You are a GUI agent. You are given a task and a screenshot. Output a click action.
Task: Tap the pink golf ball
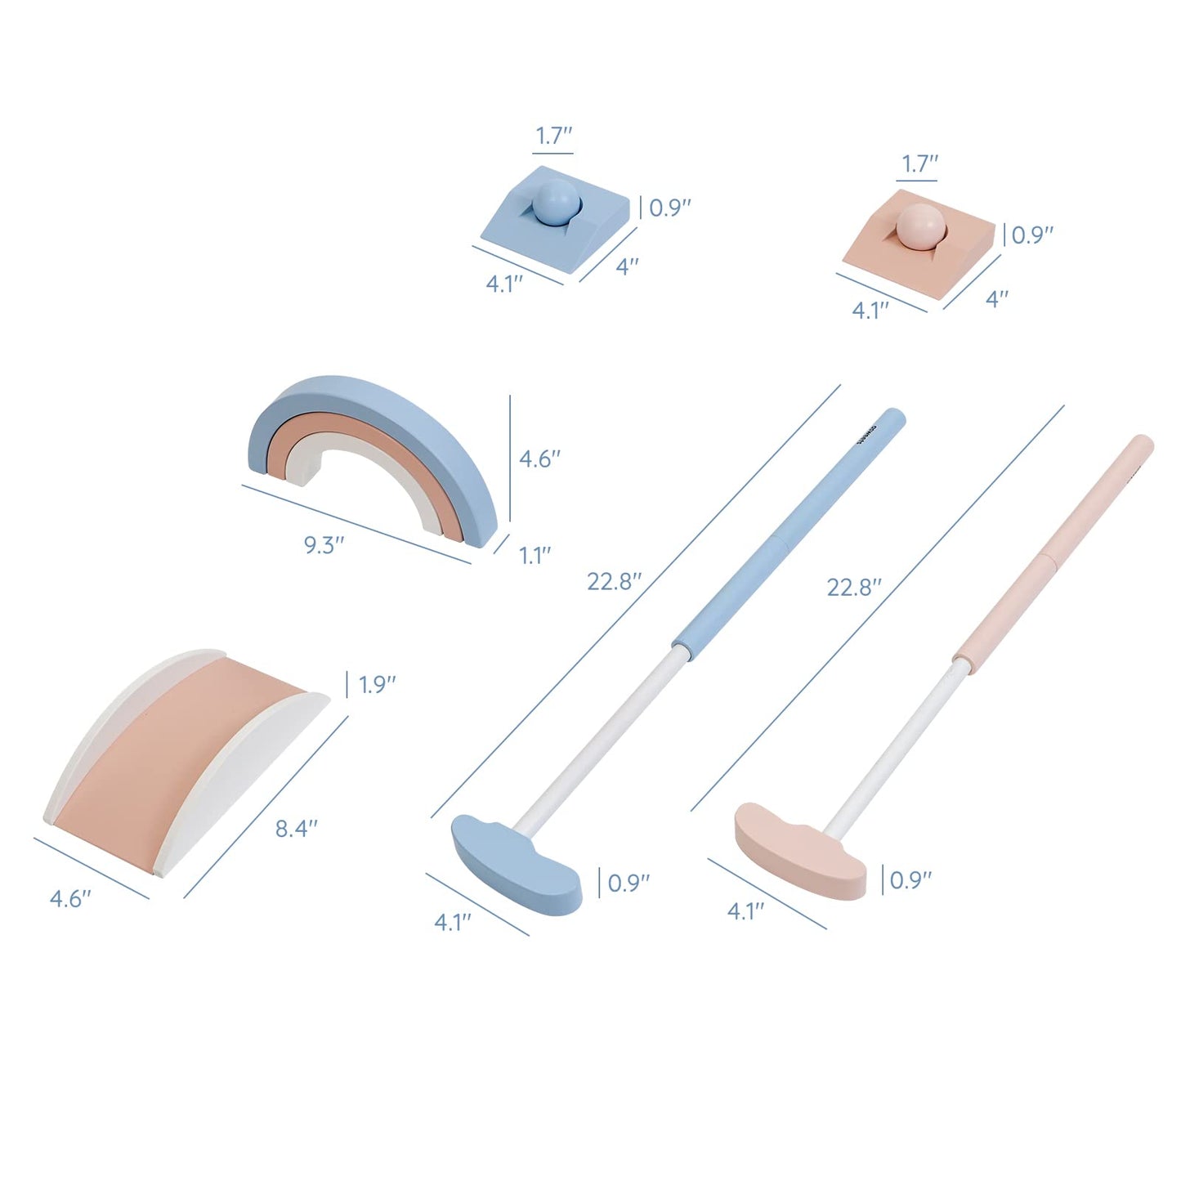pyautogui.click(x=919, y=227)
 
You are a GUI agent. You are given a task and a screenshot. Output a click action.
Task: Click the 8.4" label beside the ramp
pyautogui.click(x=296, y=829)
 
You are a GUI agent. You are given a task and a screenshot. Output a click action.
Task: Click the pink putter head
pyautogui.click(x=801, y=849)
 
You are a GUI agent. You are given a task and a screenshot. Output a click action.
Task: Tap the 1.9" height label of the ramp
pyautogui.click(x=377, y=685)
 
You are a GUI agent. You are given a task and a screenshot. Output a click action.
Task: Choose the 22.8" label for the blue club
pyautogui.click(x=614, y=581)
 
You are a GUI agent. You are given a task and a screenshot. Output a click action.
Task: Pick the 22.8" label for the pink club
pyautogui.click(x=854, y=587)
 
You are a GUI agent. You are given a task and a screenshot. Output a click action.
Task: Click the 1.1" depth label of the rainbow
pyautogui.click(x=535, y=556)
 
